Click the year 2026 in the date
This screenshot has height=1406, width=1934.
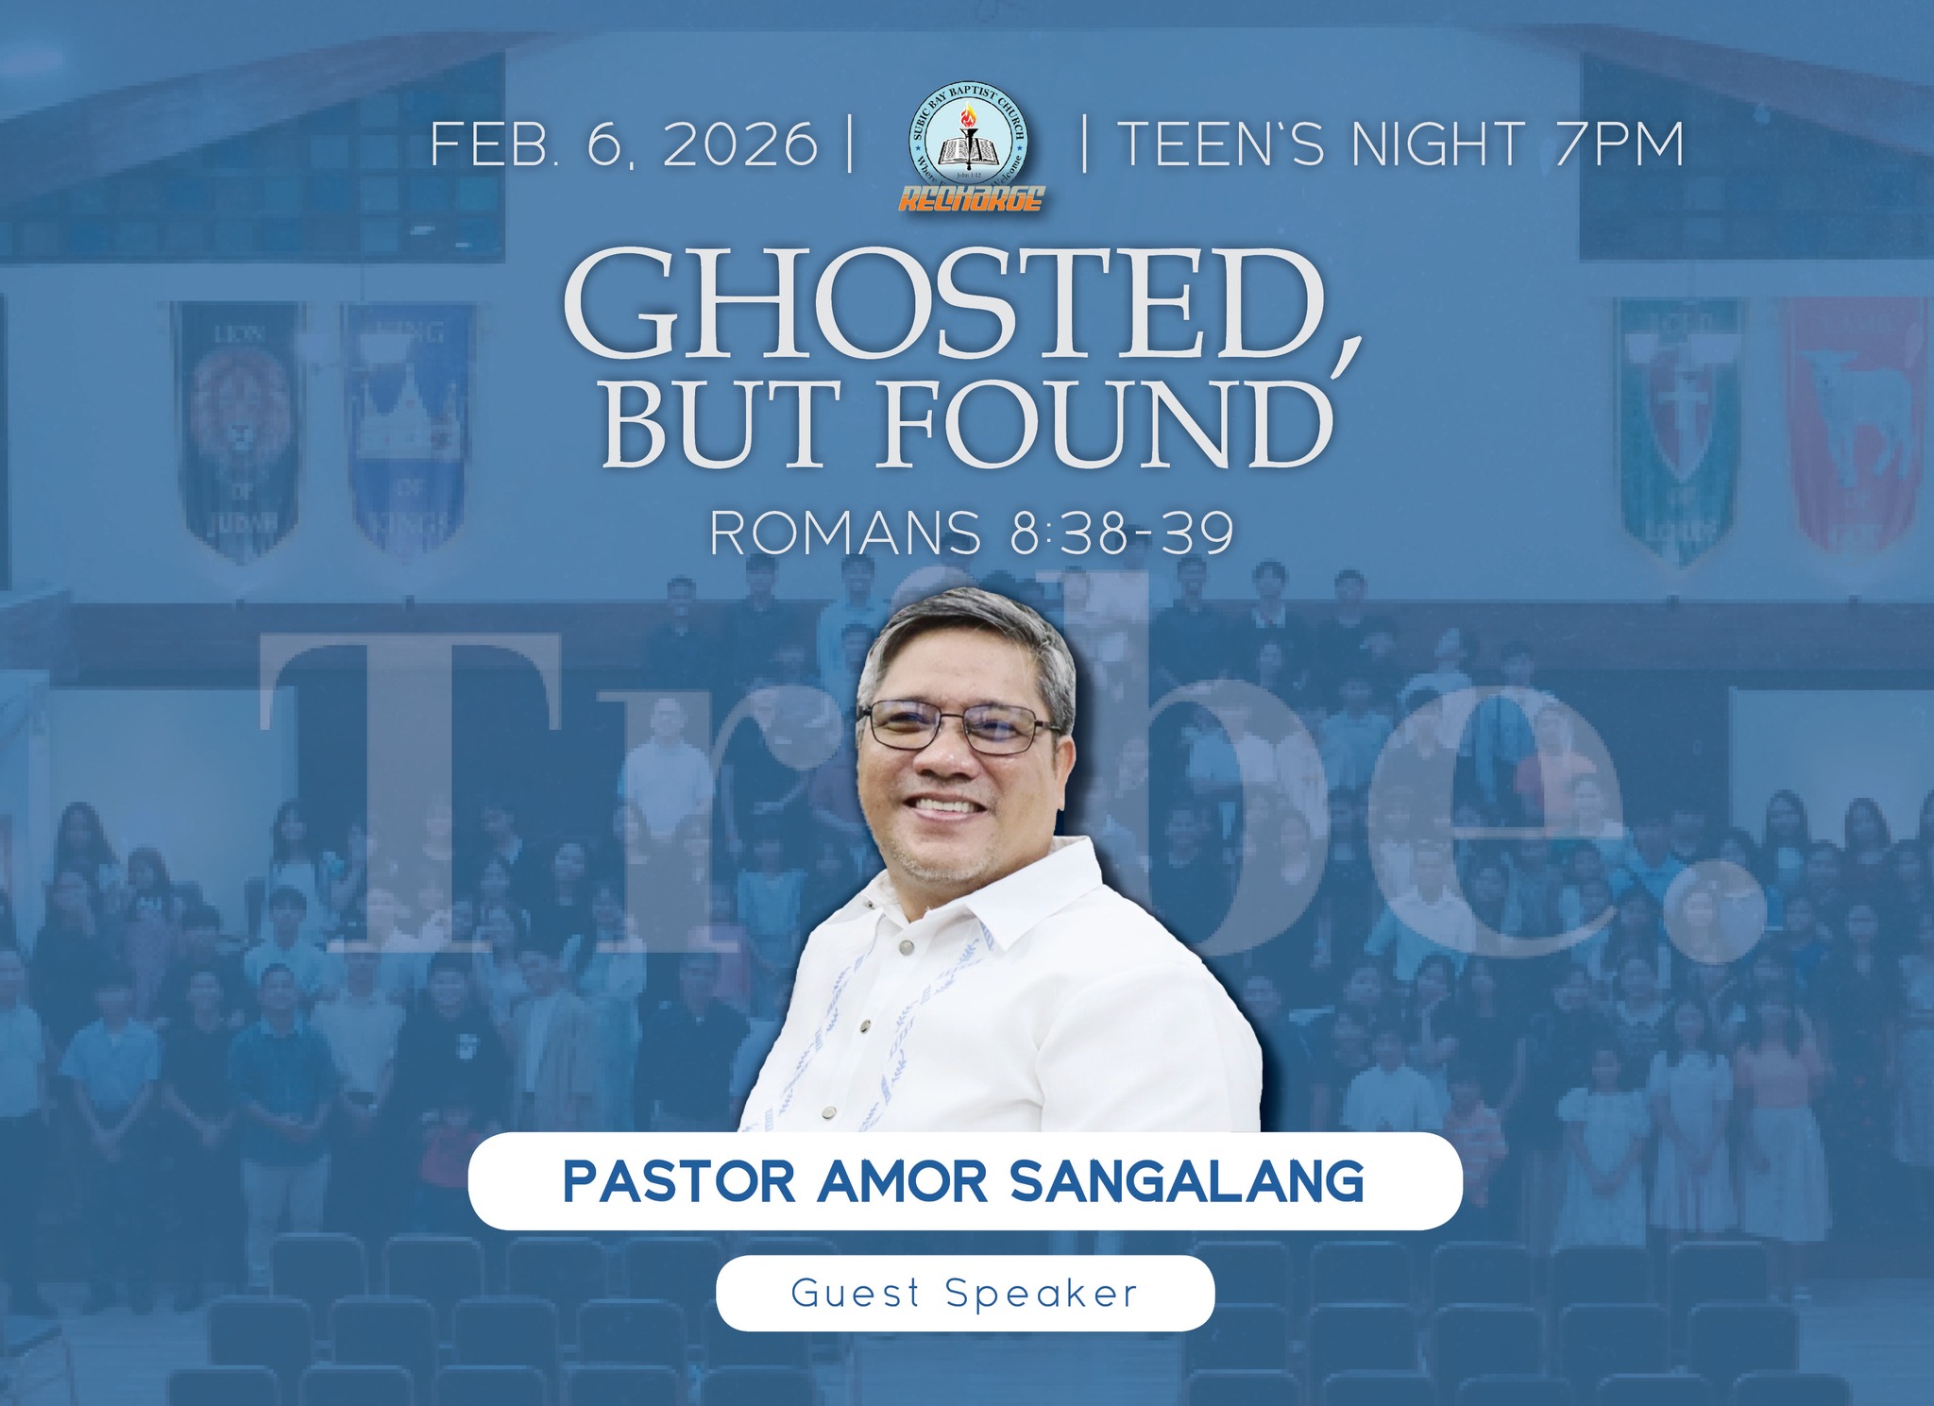740,145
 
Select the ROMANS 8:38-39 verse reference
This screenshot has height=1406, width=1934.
971,534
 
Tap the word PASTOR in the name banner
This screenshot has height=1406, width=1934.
681,1181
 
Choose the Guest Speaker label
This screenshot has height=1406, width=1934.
964,1293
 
